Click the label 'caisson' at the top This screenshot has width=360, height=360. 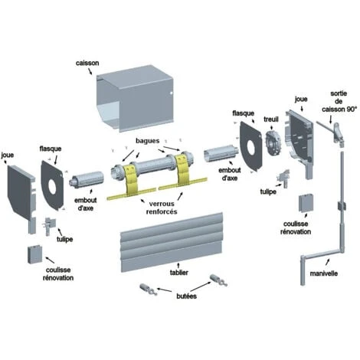point(87,63)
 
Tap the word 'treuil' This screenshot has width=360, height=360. point(271,119)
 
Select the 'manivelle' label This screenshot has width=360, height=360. point(324,273)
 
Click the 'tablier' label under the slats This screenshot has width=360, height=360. point(179,273)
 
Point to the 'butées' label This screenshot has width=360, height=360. point(187,296)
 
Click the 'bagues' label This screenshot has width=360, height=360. point(148,141)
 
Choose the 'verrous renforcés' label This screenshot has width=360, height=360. point(162,208)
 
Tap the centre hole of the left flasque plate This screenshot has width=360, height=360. point(53,185)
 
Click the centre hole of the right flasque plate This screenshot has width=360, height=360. point(251,147)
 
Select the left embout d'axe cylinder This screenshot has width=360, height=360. point(87,180)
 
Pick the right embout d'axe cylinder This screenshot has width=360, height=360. point(220,153)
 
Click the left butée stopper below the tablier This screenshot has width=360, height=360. point(149,290)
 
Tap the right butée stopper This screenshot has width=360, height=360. point(218,280)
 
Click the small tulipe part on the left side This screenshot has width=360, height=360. point(50,225)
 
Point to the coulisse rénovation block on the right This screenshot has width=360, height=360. point(306,203)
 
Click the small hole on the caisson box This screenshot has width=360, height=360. point(172,93)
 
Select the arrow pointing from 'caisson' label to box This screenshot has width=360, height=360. point(90,71)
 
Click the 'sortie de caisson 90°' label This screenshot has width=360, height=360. point(339,101)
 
